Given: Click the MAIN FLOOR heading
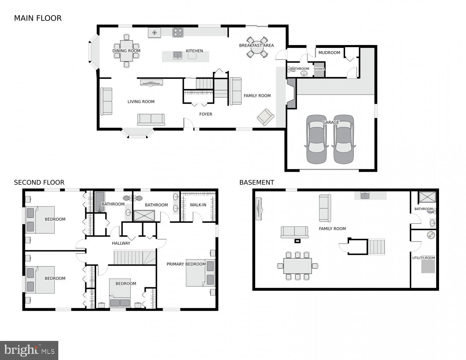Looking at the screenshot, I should (38, 18).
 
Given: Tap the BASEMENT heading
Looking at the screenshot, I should (257, 183).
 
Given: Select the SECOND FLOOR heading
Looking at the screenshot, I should (39, 183).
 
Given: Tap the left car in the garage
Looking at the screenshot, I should (316, 139).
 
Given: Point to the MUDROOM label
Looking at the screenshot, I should (329, 53).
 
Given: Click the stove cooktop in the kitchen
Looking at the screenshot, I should (178, 33).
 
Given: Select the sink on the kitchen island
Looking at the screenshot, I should (178, 55).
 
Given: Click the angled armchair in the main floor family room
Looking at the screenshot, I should (266, 117).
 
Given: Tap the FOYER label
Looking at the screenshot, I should (206, 114).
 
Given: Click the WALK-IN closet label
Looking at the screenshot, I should (198, 205).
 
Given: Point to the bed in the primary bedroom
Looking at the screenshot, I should (200, 273).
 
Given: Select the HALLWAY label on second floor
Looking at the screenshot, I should (121, 243).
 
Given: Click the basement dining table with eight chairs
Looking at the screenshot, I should (298, 266).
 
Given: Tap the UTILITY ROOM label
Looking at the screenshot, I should (424, 258).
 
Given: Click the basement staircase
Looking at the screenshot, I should (376, 247).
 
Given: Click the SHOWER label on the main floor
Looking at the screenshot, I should (319, 69).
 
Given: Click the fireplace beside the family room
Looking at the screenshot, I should (291, 94).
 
